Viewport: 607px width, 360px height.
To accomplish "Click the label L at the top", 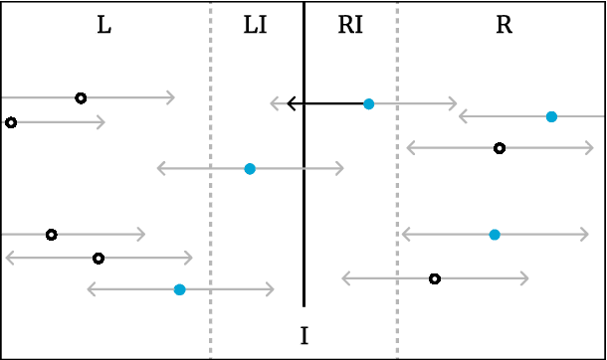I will pos(103,26).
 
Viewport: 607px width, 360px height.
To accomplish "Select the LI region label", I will pos(255,26).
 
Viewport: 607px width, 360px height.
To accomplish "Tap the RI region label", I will pos(350,26).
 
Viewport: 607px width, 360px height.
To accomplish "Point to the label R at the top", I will pos(504,26).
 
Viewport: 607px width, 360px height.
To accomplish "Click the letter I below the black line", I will pos(303,336).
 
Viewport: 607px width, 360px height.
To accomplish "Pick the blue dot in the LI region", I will pos(250,169).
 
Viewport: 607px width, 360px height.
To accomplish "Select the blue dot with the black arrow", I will pos(368,103).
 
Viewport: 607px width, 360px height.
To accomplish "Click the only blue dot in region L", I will pos(179,289).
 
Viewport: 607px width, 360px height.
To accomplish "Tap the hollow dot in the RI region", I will pos(435,278).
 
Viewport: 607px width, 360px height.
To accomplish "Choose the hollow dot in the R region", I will pos(500,148).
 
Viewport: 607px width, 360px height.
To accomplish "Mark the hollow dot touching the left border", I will pos(11,122).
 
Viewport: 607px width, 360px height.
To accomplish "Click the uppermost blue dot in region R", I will pos(551,116).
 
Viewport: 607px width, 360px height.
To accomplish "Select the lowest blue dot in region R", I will pos(495,235).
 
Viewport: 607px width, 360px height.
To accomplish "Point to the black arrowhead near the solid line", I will pos(291,103).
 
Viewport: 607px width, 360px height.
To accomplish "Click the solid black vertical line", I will pos(303,199).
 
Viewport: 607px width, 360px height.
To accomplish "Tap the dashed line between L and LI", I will pos(211,199).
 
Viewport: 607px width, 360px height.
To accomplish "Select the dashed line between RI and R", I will pos(397,199).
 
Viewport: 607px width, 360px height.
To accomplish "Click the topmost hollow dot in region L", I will pos(81,97).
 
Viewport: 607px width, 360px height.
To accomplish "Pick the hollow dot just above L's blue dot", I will pos(98,259).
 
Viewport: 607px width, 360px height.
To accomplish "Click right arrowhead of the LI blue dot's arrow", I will pos(339,169).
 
